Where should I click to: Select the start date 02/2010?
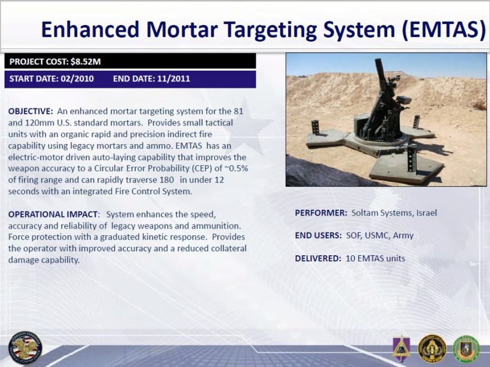tap(77, 79)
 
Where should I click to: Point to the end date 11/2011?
tap(172, 79)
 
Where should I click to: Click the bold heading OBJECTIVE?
tap(31, 111)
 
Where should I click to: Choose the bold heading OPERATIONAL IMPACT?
tap(53, 214)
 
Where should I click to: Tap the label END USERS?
tap(318, 236)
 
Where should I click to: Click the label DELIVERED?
tap(318, 259)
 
